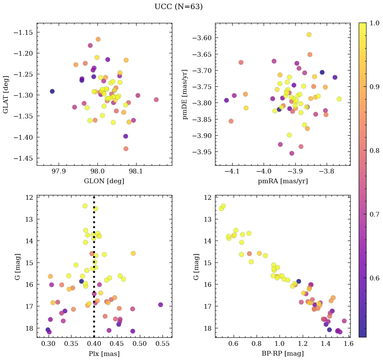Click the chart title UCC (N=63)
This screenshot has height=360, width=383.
(x=178, y=7)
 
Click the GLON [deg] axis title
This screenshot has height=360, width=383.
(x=104, y=181)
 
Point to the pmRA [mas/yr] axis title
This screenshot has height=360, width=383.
(x=283, y=181)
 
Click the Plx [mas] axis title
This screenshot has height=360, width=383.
(x=104, y=354)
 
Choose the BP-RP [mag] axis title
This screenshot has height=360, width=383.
(x=283, y=354)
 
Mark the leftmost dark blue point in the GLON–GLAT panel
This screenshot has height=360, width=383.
(x=52, y=91)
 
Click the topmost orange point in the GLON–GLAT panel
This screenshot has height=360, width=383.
(x=98, y=39)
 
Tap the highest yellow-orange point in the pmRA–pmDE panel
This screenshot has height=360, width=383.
(x=309, y=35)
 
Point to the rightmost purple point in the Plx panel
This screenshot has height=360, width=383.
(x=160, y=305)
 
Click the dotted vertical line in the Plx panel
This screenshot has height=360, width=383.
(x=94, y=270)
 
